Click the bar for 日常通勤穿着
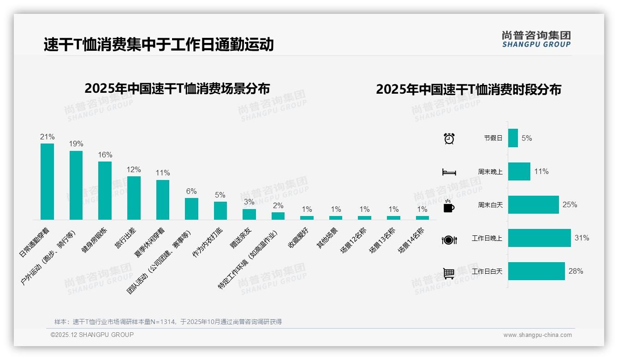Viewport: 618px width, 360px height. coord(47,181)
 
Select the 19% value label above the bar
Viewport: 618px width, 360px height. coord(76,144)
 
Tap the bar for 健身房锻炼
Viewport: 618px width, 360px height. coord(105,190)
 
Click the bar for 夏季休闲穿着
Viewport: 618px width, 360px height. coord(162,199)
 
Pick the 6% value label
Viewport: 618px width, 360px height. coord(191,191)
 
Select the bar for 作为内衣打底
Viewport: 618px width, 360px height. coord(220,210)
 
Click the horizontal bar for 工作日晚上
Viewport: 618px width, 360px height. coord(539,238)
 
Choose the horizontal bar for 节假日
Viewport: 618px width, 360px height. coord(513,138)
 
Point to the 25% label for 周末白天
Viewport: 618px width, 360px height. coord(570,204)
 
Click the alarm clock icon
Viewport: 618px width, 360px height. coord(449,138)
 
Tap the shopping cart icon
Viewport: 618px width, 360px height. coord(449,273)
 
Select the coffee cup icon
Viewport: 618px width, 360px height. coord(449,206)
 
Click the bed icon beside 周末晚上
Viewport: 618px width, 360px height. coord(449,172)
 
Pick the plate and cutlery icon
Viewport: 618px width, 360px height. coord(449,240)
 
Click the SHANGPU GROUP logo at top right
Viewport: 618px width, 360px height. coord(536,39)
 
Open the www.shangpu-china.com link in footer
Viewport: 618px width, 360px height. coord(537,335)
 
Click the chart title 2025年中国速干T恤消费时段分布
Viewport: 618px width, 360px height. coord(468,90)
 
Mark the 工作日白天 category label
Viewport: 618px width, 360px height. coord(487,271)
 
